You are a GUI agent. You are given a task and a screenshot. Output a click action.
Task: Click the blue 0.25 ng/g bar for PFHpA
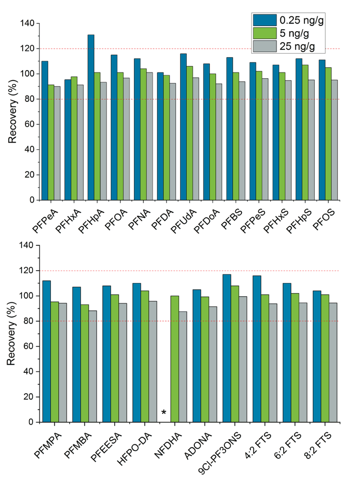click(x=91, y=118)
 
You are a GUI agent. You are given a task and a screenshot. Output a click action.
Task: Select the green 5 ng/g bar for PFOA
click(x=120, y=136)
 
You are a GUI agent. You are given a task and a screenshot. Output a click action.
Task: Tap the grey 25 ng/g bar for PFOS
click(x=334, y=140)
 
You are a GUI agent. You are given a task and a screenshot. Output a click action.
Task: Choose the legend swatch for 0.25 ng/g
click(x=265, y=20)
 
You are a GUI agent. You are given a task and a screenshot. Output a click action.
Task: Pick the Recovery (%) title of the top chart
click(x=13, y=111)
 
